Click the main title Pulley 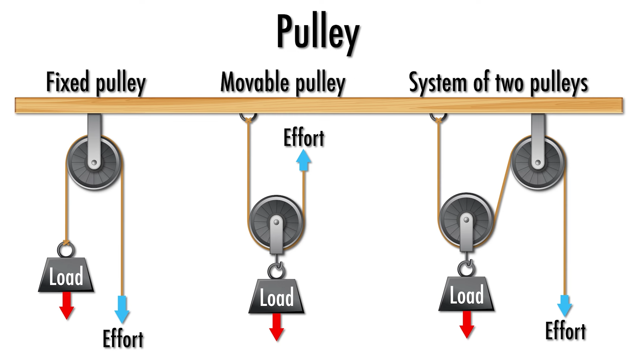pyautogui.click(x=318, y=33)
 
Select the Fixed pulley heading pyautogui.click(x=96, y=83)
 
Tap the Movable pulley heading pyautogui.click(x=283, y=83)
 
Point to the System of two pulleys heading pyautogui.click(x=498, y=83)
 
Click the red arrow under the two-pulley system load pyautogui.click(x=467, y=324)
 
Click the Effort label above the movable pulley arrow pyautogui.click(x=304, y=138)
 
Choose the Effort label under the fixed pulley pyautogui.click(x=123, y=339)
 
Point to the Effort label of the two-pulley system pyautogui.click(x=565, y=331)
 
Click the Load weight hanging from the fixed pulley pyautogui.click(x=66, y=276)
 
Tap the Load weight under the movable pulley pyautogui.click(x=276, y=297)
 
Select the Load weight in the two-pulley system pyautogui.click(x=466, y=295)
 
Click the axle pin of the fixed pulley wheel pyautogui.click(x=94, y=162)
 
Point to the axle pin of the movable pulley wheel pyautogui.click(x=276, y=222)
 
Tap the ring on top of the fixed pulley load pyautogui.click(x=66, y=250)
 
